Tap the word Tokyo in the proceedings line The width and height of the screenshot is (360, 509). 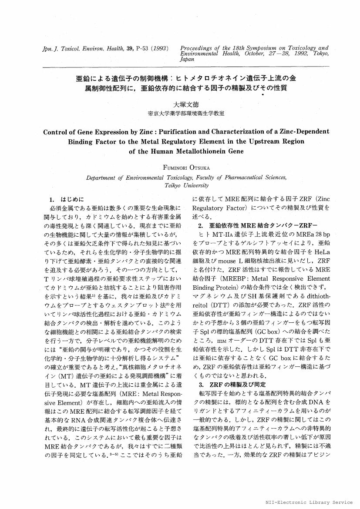pyautogui.click(x=320, y=54)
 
